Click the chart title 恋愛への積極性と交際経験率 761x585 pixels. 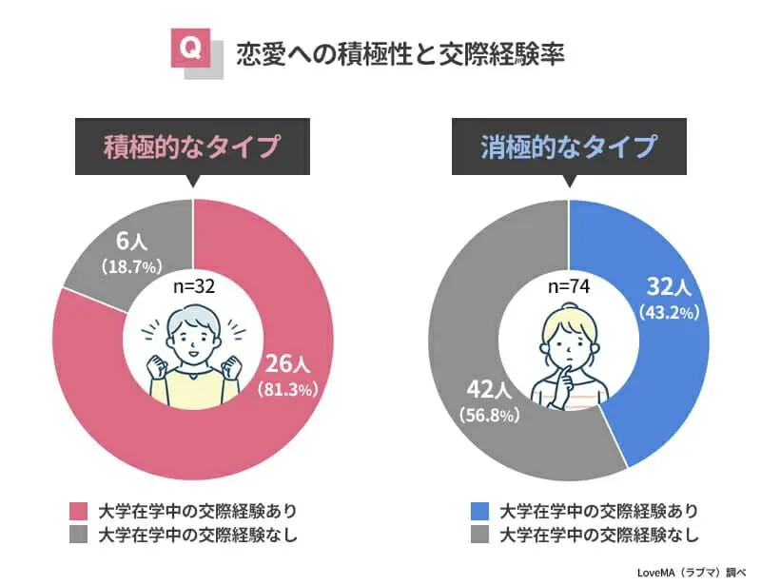[400, 53]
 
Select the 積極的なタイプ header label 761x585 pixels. [192, 147]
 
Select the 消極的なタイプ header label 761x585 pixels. [568, 147]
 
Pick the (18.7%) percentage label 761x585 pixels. [133, 266]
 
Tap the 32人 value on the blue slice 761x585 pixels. [672, 287]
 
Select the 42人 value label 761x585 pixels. [491, 390]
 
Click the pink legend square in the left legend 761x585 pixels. [79, 510]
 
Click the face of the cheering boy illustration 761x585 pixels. [193, 339]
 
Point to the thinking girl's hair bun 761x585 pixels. [569, 308]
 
